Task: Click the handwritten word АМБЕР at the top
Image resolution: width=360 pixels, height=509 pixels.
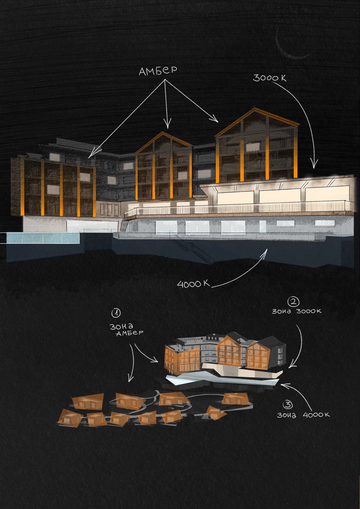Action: (158, 71)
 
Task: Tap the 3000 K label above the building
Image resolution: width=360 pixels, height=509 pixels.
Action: (269, 78)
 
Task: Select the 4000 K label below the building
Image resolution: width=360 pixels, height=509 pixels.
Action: (193, 284)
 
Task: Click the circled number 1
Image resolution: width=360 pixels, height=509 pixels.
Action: (116, 313)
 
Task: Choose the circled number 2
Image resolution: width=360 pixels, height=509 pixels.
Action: (294, 302)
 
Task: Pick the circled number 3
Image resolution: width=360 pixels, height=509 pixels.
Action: (287, 405)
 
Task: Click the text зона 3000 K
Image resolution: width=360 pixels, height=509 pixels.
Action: (297, 311)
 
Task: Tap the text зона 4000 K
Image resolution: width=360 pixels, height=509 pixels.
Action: (303, 415)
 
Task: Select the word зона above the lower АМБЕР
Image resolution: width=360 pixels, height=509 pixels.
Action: (121, 326)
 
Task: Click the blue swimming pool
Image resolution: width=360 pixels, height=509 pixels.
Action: (43, 238)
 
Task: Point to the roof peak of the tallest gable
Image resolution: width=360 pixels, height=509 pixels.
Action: (255, 109)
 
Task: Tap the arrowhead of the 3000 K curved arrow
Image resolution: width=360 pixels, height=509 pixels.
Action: (314, 165)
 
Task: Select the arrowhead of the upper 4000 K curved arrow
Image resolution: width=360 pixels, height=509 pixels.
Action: (264, 252)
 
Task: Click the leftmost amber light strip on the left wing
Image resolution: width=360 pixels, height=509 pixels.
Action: (22, 187)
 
